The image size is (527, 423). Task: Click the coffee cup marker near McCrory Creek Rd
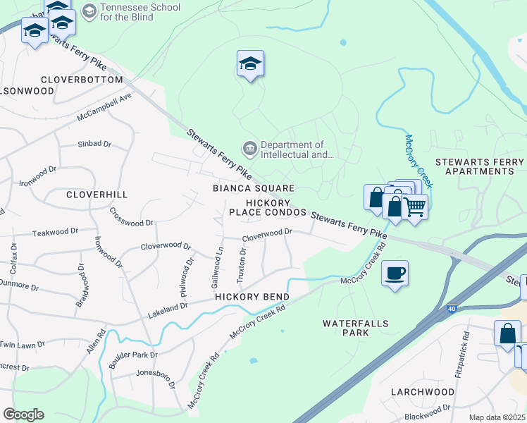coord(395,273)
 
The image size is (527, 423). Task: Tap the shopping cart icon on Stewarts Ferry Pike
coord(416,207)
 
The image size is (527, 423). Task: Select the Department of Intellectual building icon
coord(249,148)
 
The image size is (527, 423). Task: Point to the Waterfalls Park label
coord(356,329)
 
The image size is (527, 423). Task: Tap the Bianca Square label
coord(254,188)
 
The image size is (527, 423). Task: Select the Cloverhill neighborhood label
coord(97,194)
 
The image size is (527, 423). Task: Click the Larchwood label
coord(423,392)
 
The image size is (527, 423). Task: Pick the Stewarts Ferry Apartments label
coord(479,166)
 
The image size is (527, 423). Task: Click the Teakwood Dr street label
coord(56,231)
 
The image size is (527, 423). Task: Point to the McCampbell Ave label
coord(105,106)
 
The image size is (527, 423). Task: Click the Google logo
coord(23,415)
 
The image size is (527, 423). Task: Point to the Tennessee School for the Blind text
coord(139,12)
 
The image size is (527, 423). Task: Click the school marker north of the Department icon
coord(250,64)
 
